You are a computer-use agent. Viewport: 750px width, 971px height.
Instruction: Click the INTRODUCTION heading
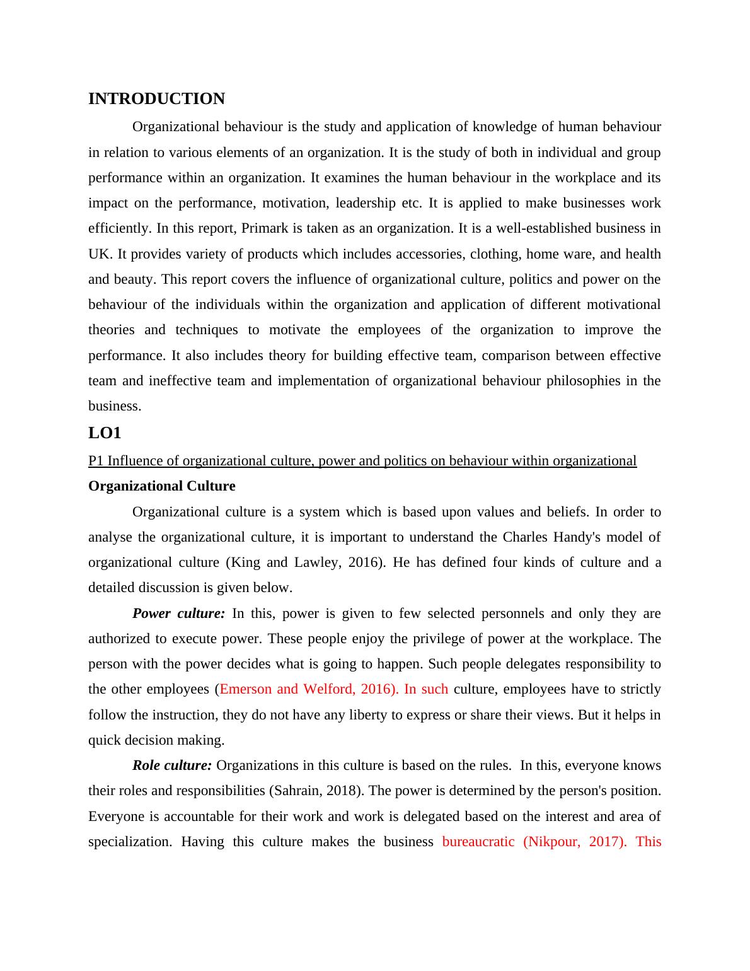156,99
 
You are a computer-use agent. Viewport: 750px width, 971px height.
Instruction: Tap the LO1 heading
105,433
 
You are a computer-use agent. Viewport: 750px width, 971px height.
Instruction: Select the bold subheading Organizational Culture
161,486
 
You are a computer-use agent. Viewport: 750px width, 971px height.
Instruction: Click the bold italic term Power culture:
178,613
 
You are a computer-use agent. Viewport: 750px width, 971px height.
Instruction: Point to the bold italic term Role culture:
172,765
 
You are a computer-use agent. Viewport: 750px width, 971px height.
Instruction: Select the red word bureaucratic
478,842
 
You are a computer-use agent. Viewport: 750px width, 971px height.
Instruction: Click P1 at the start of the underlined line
96,461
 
